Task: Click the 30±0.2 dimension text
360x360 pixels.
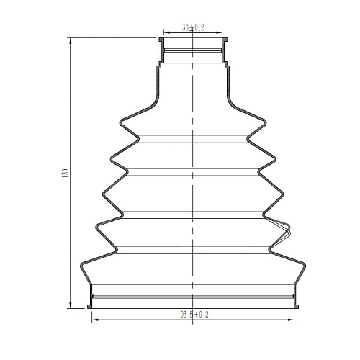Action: (193, 28)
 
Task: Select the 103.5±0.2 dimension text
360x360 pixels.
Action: (193, 315)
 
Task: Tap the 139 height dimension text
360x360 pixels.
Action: (66, 173)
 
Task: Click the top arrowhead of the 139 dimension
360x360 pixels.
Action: (71, 41)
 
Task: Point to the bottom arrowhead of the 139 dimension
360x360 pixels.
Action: (71, 305)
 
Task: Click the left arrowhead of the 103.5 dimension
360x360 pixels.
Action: (95, 320)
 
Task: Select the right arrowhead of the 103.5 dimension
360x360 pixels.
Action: (291, 320)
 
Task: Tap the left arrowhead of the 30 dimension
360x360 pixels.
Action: (167, 32)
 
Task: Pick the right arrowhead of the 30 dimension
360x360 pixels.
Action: (219, 32)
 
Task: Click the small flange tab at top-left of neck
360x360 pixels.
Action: (161, 40)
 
